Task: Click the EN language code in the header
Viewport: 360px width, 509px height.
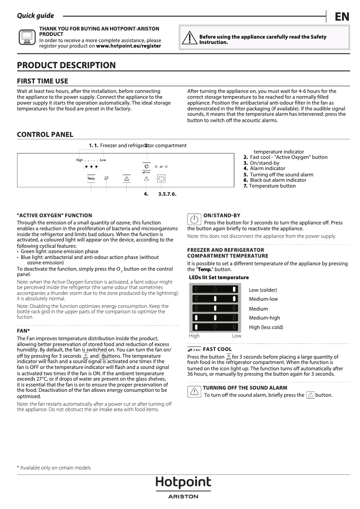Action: pyautogui.click(x=342, y=17)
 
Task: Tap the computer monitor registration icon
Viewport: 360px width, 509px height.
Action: pyautogui.click(x=27, y=37)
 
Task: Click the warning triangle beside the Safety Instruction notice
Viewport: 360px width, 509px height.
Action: pyautogui.click(x=189, y=39)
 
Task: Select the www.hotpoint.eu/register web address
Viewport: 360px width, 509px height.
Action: pyautogui.click(x=128, y=46)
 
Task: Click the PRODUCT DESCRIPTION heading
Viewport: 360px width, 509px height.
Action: pyautogui.click(x=66, y=66)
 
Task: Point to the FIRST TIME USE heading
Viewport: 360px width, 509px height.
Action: pyautogui.click(x=43, y=81)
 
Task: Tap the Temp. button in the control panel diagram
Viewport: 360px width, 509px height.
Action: pyautogui.click(x=91, y=178)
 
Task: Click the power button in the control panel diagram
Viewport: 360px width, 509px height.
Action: pyautogui.click(x=162, y=178)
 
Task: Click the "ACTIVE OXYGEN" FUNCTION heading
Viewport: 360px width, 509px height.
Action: pyautogui.click(x=54, y=215)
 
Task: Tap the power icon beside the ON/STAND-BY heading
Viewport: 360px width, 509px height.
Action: pyautogui.click(x=194, y=219)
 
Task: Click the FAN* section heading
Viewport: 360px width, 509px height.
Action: pyautogui.click(x=23, y=331)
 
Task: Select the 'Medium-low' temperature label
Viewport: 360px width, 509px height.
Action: pyautogui.click(x=263, y=299)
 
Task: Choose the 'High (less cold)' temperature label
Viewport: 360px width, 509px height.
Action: pyautogui.click(x=266, y=327)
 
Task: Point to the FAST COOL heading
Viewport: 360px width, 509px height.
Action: pyautogui.click(x=217, y=349)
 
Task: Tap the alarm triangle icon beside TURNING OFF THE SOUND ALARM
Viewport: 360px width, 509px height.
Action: pyautogui.click(x=194, y=391)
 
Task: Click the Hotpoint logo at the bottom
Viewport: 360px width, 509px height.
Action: pyautogui.click(x=183, y=483)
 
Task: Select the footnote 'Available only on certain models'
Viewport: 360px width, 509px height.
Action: pyautogui.click(x=55, y=468)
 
